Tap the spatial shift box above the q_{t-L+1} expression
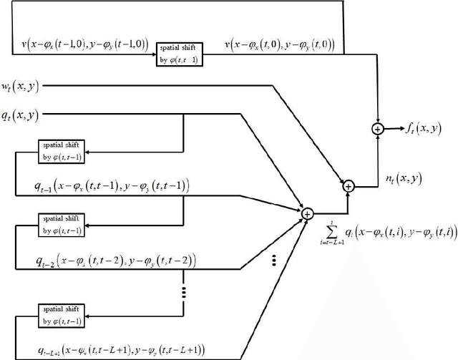[62, 315]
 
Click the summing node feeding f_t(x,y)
[376, 129]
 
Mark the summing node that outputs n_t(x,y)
[349, 185]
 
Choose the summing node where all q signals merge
[308, 213]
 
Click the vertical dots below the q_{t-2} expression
[185, 292]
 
